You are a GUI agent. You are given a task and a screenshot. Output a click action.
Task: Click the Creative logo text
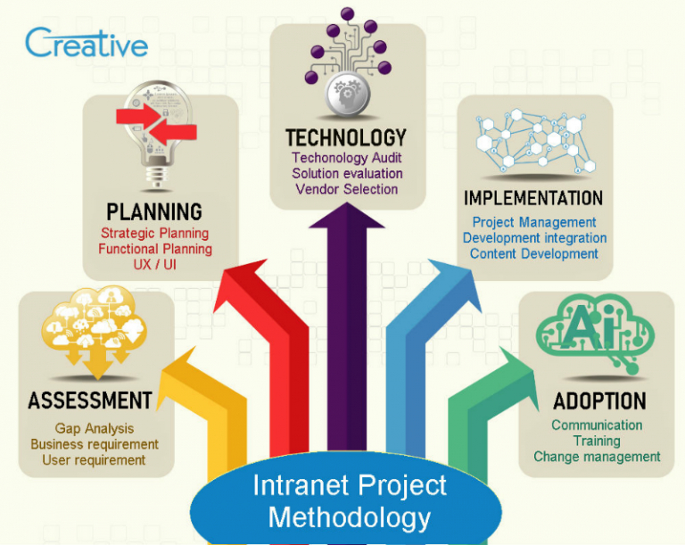(87, 42)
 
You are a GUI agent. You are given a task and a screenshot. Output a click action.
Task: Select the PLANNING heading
(154, 211)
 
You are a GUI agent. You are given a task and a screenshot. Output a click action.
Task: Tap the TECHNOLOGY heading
(346, 137)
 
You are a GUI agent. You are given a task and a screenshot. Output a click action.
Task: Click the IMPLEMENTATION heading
(533, 197)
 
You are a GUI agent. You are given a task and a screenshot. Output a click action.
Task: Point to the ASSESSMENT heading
(90, 400)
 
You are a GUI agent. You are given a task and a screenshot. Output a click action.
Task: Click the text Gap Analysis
(94, 428)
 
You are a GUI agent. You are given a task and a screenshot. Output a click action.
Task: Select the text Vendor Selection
(347, 189)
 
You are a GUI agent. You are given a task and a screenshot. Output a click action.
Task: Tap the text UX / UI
(155, 265)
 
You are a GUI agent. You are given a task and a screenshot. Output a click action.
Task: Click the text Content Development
(534, 253)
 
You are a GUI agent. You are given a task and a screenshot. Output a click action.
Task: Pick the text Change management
(597, 457)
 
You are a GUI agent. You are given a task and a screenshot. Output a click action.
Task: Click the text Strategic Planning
(155, 233)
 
